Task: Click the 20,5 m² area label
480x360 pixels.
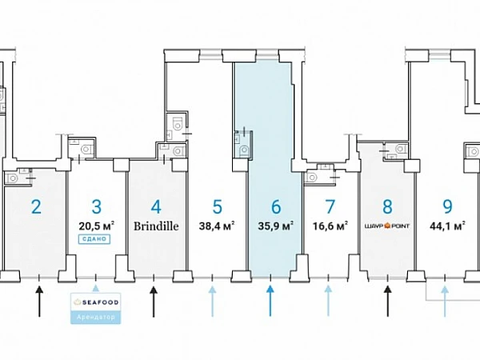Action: click(x=96, y=226)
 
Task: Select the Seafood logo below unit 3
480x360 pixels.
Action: click(x=97, y=302)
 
